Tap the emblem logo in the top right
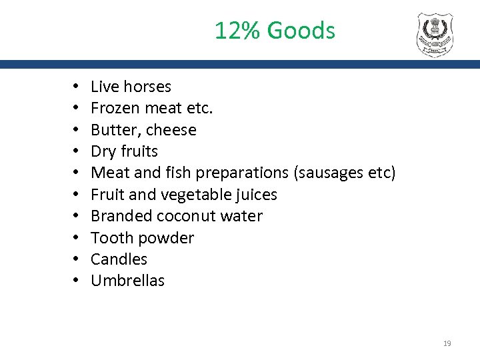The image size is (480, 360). (x=434, y=35)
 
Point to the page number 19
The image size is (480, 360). (x=447, y=343)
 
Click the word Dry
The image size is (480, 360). (x=103, y=151)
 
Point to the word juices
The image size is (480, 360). (x=256, y=195)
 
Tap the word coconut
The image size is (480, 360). (x=189, y=216)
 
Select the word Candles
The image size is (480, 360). (x=119, y=259)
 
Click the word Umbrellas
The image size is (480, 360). (x=127, y=281)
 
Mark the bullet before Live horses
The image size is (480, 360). (x=77, y=87)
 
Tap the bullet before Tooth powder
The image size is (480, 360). (x=77, y=239)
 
